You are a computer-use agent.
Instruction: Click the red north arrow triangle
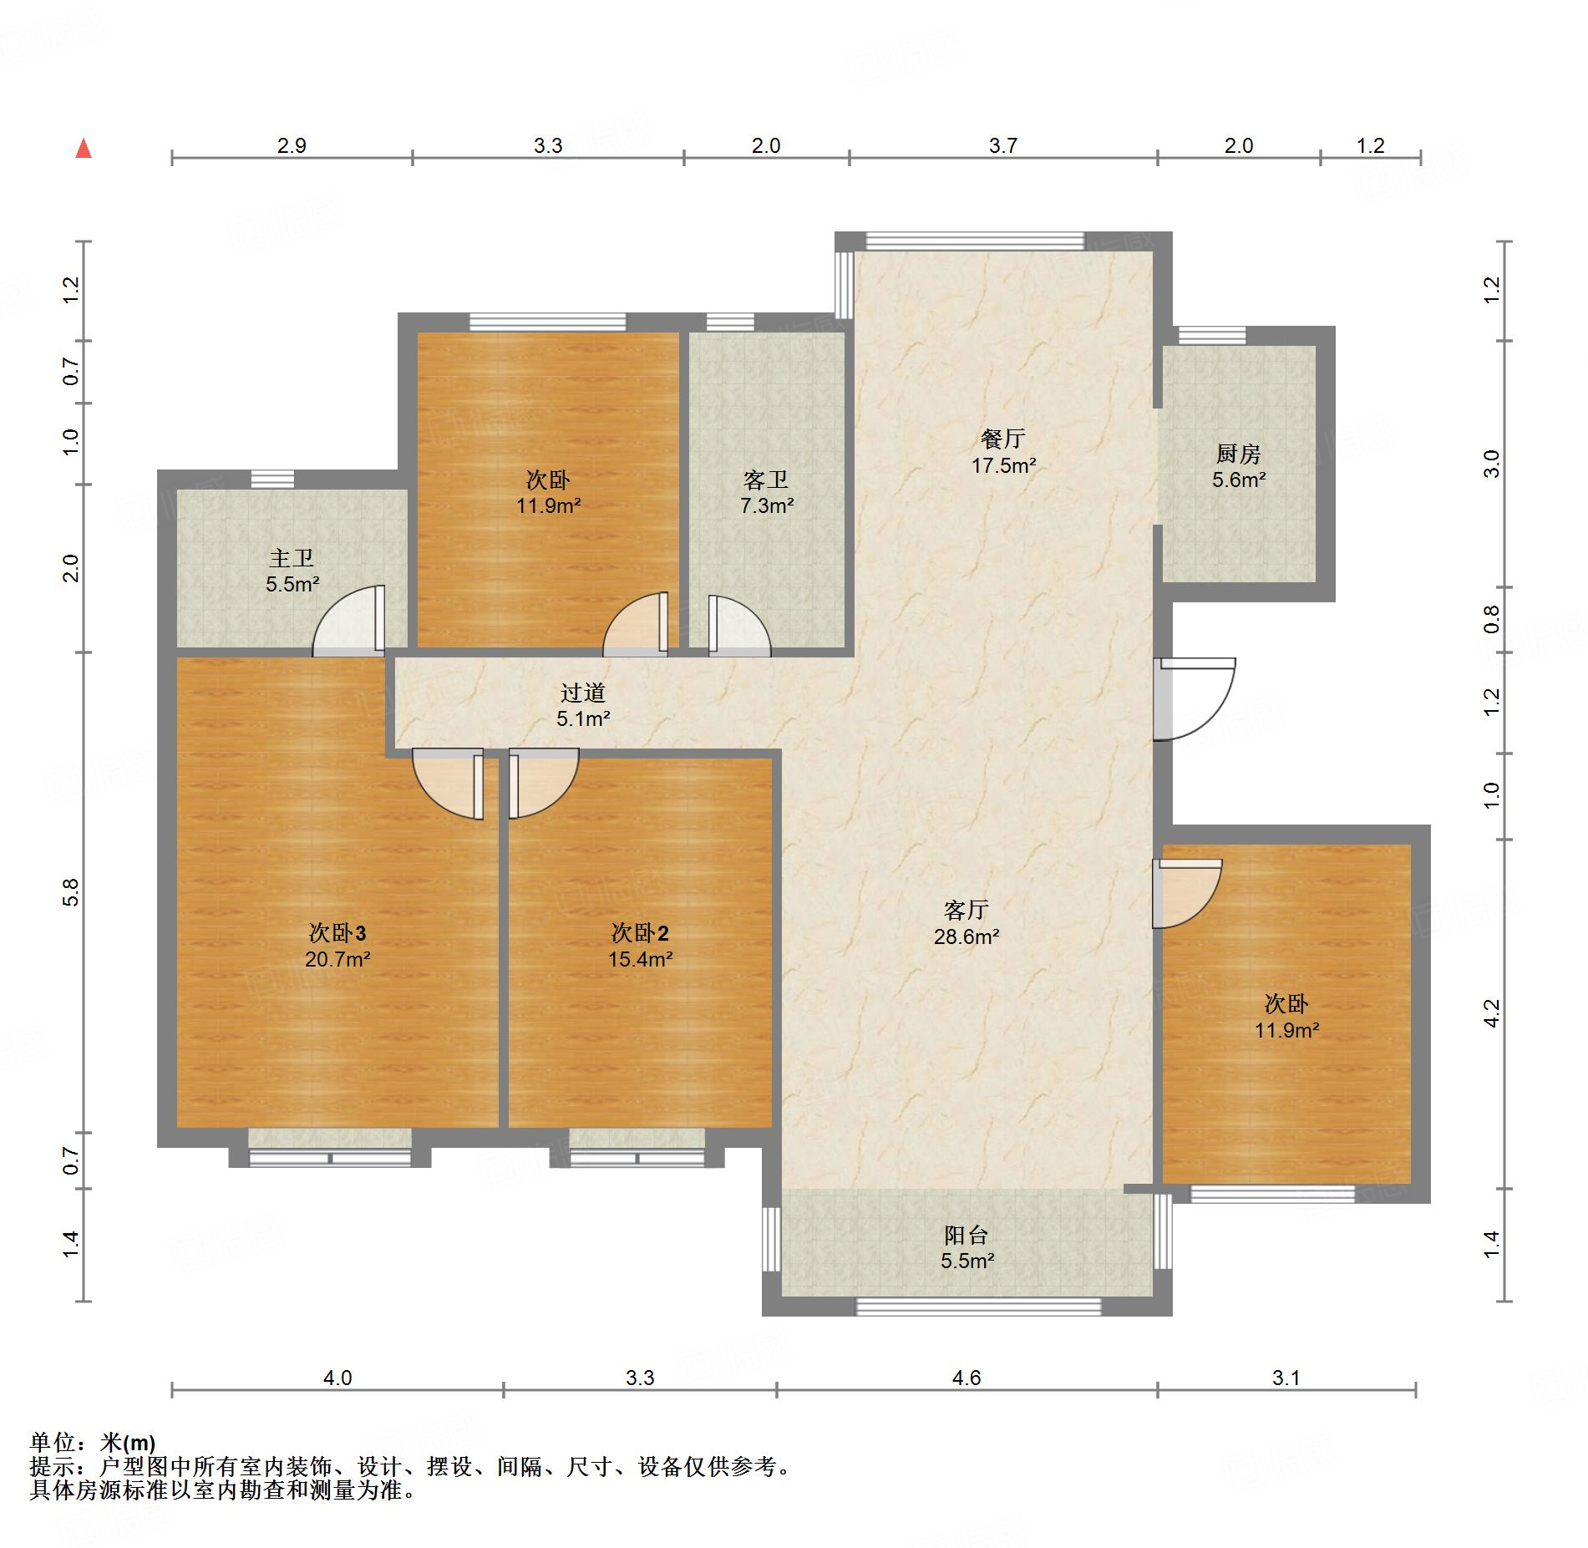84,150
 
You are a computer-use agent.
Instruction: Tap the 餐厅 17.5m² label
1003,452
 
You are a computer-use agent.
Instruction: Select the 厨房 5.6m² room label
1238,467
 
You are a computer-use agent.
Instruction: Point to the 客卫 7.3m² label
766,493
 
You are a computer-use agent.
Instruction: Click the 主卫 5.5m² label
292,571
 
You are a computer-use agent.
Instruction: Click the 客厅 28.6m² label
966,923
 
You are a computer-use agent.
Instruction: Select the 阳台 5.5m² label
966,1247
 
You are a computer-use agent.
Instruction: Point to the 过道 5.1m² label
583,705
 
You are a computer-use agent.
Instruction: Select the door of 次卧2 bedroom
540,783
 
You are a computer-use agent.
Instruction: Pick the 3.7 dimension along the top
1002,146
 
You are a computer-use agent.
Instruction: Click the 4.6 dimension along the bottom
966,1378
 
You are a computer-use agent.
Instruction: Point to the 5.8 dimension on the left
71,892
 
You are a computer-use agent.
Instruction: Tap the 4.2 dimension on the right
1492,1013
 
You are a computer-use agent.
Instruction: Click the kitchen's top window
1211,335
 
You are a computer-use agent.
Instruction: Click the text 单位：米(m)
93,1443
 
